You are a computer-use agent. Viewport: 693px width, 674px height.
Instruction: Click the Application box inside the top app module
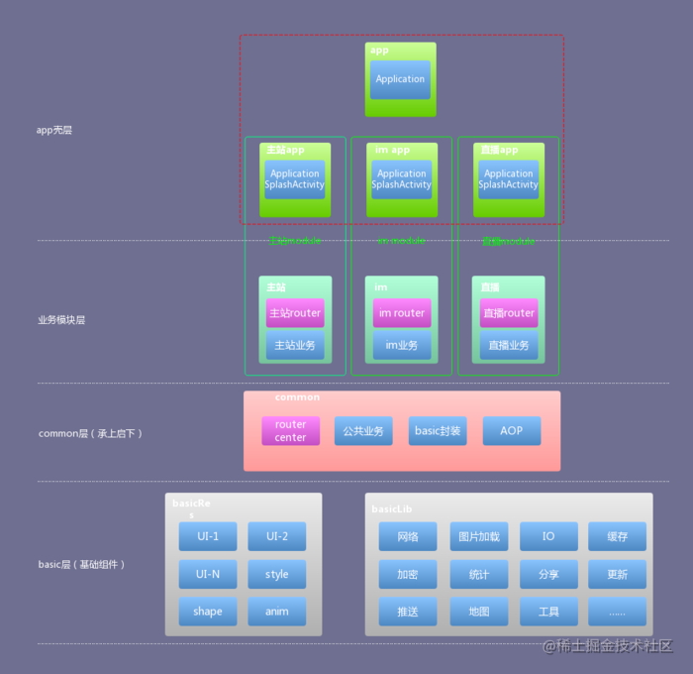click(x=401, y=79)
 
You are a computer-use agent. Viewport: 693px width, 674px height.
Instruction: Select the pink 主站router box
click(x=294, y=313)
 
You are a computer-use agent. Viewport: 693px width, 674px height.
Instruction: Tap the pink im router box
click(x=402, y=313)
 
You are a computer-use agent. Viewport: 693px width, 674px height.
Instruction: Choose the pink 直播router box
click(x=509, y=313)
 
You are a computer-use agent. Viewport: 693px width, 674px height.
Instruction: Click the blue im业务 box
click(x=402, y=346)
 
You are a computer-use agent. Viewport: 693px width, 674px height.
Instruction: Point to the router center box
click(x=291, y=431)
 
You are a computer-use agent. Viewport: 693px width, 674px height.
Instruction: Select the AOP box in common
click(x=512, y=431)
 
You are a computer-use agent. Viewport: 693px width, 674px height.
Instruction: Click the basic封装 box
click(x=438, y=431)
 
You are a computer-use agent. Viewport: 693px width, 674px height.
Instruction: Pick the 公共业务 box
click(x=363, y=431)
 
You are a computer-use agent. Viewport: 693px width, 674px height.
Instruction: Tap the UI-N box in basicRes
click(x=208, y=574)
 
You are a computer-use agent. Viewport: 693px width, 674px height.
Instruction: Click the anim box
click(x=277, y=612)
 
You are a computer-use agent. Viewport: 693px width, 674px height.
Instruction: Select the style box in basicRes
click(x=277, y=574)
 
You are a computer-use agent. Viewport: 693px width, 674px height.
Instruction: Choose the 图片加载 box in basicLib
click(x=479, y=537)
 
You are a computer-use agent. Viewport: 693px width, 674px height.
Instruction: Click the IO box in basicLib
click(x=548, y=537)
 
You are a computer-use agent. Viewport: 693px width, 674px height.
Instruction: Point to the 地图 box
click(x=479, y=612)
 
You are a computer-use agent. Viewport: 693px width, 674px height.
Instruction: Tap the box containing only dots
click(x=617, y=612)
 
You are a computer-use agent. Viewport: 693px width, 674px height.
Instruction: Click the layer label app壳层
click(x=54, y=130)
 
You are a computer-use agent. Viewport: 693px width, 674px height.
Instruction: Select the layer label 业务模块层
click(x=61, y=320)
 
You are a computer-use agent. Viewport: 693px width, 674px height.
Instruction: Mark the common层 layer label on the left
click(x=90, y=433)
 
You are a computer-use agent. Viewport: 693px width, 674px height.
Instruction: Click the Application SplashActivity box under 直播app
click(x=509, y=179)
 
